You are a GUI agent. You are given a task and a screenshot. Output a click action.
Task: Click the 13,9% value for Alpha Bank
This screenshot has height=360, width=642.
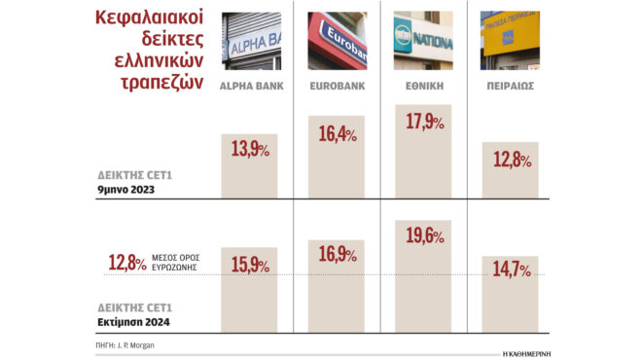tap(251, 150)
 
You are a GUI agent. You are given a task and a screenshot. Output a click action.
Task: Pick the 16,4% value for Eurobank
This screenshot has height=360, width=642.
tap(338, 134)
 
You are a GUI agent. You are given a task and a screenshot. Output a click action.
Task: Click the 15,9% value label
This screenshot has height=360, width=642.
tap(251, 265)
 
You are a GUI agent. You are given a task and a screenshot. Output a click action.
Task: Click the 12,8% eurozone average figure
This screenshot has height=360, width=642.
tap(126, 263)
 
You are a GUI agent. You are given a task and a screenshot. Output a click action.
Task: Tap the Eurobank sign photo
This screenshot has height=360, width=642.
tap(337, 42)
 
